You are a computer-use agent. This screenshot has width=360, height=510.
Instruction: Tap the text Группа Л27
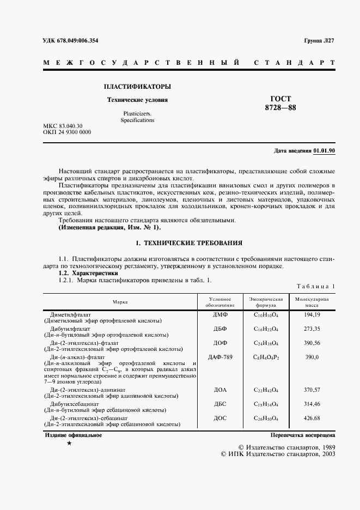coord(319,41)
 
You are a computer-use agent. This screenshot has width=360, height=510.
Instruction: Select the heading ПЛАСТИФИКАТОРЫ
coord(137,87)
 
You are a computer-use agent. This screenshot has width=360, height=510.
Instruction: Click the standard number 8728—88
coord(280,108)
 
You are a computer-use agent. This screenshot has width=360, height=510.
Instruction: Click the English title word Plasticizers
coord(137,113)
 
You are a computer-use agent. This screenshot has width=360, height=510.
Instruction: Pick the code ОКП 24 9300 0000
coord(67,132)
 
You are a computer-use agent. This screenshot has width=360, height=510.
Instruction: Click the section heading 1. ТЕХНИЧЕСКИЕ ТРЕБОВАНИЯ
coord(188,242)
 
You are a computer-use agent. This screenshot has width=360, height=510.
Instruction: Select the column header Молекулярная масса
coord(312,302)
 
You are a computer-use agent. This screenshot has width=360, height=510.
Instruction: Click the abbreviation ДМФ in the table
coord(220,315)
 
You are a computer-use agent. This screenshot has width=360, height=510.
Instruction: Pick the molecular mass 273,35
coord(312,330)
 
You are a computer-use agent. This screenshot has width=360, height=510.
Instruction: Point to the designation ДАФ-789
coord(220,357)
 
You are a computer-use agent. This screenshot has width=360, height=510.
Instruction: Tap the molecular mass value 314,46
coord(312,404)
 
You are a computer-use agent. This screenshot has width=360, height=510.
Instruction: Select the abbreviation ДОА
coord(220,390)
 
